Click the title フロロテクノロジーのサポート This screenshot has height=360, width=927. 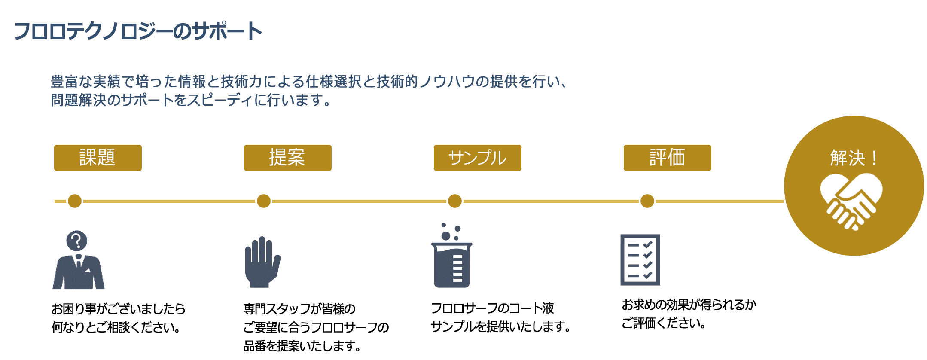138,31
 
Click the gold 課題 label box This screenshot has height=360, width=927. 98,158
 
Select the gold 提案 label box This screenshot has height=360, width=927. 287,158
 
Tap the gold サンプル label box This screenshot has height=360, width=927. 477,158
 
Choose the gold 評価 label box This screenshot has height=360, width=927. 667,158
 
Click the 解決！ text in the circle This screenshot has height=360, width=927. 854,158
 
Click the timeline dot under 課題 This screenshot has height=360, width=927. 75,201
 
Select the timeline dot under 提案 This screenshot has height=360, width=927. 264,201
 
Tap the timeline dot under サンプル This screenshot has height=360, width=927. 454,201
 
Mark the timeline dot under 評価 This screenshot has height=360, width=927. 647,201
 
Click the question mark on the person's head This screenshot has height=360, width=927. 77,241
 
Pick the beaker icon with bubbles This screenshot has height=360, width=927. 451,258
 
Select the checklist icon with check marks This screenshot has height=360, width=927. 640,260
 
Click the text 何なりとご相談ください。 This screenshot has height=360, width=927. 116,328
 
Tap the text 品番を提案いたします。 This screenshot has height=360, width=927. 302,346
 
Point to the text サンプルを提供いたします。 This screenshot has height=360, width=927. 500,327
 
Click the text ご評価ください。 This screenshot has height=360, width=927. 664,323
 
